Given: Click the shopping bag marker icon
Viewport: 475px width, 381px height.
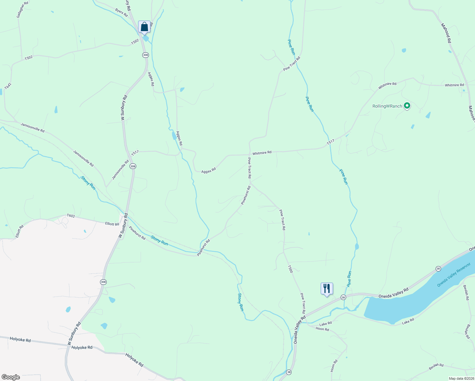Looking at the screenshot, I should coord(144,27).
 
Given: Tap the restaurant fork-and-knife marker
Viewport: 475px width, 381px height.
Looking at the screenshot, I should coord(327,289).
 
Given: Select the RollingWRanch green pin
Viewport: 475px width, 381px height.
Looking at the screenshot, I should coord(407,106).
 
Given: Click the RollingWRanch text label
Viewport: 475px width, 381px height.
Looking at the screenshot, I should coord(387,106).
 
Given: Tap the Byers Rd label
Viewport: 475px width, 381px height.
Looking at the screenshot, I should coord(121,13).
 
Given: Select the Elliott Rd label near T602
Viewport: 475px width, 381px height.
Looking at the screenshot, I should coord(112,224).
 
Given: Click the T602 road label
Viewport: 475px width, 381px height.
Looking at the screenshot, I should coord(71,216).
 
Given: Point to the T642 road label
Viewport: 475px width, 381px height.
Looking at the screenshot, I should coord(8,86).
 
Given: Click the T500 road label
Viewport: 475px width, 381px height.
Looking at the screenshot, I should coord(290,269).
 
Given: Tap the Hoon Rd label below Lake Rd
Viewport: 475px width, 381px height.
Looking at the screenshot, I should coord(322,329).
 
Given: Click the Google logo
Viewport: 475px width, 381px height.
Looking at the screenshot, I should coord(11,377).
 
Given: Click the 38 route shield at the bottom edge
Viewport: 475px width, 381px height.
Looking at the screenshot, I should coord(288,372).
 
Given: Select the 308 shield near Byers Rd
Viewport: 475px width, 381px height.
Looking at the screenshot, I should coord(145,55).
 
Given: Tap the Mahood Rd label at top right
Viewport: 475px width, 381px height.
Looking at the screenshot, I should coord(446,33).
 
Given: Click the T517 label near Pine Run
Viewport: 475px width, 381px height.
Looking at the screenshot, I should coord(331,143).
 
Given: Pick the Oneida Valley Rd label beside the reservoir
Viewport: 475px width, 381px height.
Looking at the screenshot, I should coord(393,293).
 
